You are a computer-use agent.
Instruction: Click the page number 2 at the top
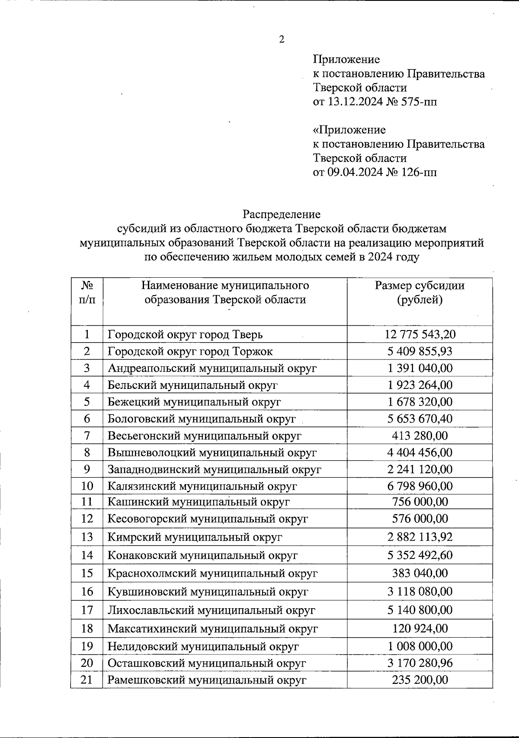pos(282,40)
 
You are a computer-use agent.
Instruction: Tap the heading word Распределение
pos(281,214)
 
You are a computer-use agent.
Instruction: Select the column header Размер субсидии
pos(420,286)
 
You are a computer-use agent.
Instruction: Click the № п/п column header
pos(87,292)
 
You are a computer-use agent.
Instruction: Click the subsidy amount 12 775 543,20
pos(420,334)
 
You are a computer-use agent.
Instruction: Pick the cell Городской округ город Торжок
pos(190,351)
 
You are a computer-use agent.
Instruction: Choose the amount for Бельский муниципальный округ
pos(420,385)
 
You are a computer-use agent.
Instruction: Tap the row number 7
pos(87,436)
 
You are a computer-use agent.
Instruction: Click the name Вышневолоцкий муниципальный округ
pos(212,452)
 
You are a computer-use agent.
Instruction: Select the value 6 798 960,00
pos(420,486)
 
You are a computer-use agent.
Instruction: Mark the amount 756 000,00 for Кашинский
pos(420,502)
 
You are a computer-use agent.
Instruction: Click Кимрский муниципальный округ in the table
pos(195,537)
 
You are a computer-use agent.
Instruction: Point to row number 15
pos(87,574)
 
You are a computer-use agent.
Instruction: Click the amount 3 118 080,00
pos(420,592)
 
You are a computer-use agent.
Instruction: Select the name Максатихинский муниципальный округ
pos(212,629)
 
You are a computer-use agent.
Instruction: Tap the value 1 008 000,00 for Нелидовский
pos(420,647)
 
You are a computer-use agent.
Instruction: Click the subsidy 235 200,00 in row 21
pos(420,680)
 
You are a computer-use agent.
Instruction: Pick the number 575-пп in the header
pos(418,102)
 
